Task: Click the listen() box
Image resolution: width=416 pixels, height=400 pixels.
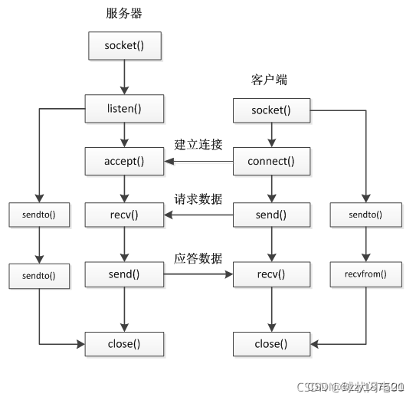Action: click(x=124, y=109)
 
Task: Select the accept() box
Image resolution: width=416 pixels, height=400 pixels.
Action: click(x=124, y=162)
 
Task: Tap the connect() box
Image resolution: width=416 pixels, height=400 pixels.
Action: click(x=271, y=162)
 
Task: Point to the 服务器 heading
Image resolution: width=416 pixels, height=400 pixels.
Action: click(x=124, y=14)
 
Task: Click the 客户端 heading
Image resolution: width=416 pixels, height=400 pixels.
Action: click(x=269, y=80)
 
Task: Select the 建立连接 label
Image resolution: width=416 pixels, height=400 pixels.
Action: click(x=198, y=144)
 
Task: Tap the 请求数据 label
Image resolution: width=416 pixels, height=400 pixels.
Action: click(x=198, y=198)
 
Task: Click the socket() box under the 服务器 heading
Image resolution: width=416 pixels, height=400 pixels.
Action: click(x=124, y=46)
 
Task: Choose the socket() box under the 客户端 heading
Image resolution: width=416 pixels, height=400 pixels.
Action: click(x=271, y=110)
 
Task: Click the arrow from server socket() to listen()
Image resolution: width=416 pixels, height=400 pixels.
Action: click(x=124, y=77)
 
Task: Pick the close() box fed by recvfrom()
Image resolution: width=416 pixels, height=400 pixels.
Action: click(x=271, y=344)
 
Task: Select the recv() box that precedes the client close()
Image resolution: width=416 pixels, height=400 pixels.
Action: click(x=271, y=273)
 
